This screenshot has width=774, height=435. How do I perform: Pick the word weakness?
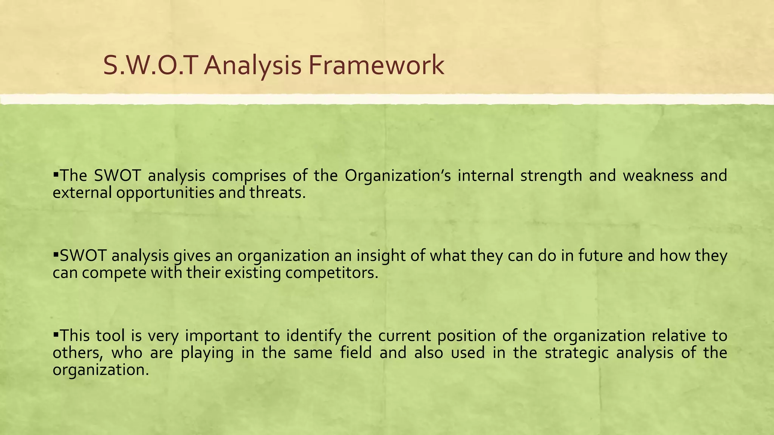658,176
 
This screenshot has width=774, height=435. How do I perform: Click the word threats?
277,193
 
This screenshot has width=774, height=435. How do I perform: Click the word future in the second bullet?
600,256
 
